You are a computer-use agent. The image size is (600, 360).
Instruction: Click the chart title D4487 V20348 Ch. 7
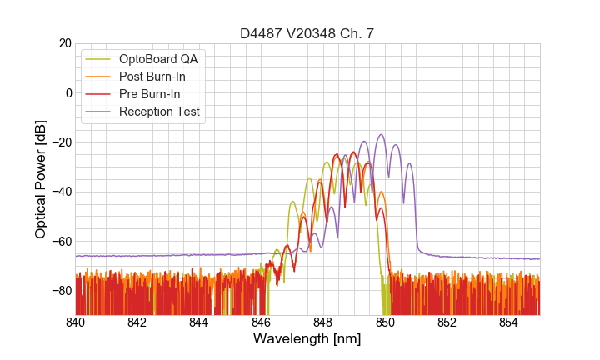[307, 33]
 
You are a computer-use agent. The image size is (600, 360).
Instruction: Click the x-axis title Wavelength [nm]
[307, 340]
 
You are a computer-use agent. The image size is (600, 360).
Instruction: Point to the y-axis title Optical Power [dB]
[41, 179]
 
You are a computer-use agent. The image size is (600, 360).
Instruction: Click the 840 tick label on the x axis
[76, 322]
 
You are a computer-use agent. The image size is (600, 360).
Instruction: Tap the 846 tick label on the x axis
[261, 322]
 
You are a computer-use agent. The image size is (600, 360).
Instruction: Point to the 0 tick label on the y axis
[68, 92]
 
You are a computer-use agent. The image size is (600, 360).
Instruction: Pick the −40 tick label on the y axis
[61, 192]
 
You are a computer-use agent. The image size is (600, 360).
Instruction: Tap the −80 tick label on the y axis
[61, 291]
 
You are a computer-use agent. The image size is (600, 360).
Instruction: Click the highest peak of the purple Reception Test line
[381, 135]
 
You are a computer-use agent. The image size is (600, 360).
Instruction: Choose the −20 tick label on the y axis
[61, 142]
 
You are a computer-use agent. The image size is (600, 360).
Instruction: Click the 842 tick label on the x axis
[137, 322]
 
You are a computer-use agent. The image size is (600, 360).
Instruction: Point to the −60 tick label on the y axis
[61, 242]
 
